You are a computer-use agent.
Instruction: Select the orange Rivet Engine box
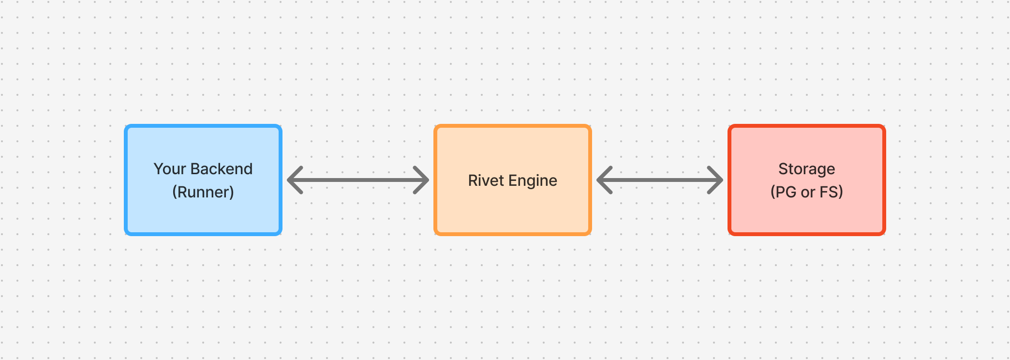[513, 213]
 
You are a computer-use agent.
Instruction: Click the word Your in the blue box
[170, 169]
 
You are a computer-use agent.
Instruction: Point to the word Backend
[221, 169]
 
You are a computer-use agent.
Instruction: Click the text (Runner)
[203, 192]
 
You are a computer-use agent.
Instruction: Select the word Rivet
[486, 180]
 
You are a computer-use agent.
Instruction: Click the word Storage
[807, 169]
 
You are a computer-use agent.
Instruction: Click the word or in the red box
[808, 192]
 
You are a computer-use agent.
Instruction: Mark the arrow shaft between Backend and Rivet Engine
[358, 180]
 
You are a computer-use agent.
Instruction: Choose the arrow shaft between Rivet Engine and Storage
[660, 180]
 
